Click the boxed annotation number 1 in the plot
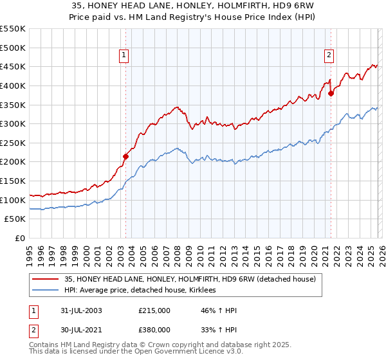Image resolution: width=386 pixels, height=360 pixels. [124, 56]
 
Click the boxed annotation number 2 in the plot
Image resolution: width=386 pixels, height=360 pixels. [329, 56]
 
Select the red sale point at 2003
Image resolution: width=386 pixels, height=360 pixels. [126, 156]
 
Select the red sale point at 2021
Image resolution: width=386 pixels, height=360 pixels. [331, 93]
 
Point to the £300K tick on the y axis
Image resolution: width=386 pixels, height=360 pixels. [13, 123]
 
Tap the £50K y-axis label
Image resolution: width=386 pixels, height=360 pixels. [15, 219]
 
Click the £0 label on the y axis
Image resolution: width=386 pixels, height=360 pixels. [21, 239]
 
